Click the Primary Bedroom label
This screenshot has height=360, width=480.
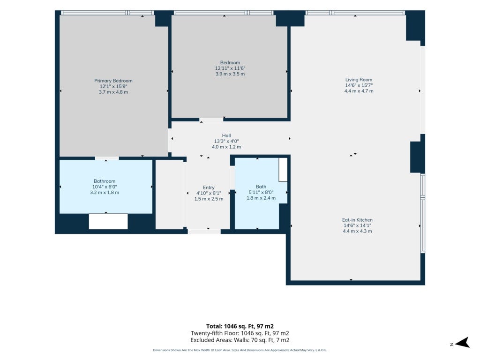113,81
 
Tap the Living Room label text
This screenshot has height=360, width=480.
359,80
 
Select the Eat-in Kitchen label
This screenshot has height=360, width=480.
357,220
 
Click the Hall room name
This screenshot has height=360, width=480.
226,135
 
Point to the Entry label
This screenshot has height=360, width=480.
209,187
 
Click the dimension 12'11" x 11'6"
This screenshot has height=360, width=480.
230,68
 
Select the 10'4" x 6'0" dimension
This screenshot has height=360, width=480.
105,187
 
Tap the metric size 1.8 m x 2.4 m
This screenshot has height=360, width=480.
261,198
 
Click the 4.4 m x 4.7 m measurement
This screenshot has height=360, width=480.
359,91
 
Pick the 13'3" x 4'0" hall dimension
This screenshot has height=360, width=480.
226,141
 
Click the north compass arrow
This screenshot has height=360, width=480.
462,343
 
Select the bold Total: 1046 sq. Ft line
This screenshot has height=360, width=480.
240,326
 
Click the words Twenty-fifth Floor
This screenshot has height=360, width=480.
213,333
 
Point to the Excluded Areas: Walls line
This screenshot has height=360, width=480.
240,340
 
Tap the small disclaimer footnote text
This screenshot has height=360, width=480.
240,350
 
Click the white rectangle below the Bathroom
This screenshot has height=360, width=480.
108,221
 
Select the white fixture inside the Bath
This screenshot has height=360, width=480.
283,170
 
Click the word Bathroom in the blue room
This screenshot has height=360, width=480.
105,181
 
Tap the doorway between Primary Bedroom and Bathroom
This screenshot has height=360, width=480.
107,158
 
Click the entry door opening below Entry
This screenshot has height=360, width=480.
204,232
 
